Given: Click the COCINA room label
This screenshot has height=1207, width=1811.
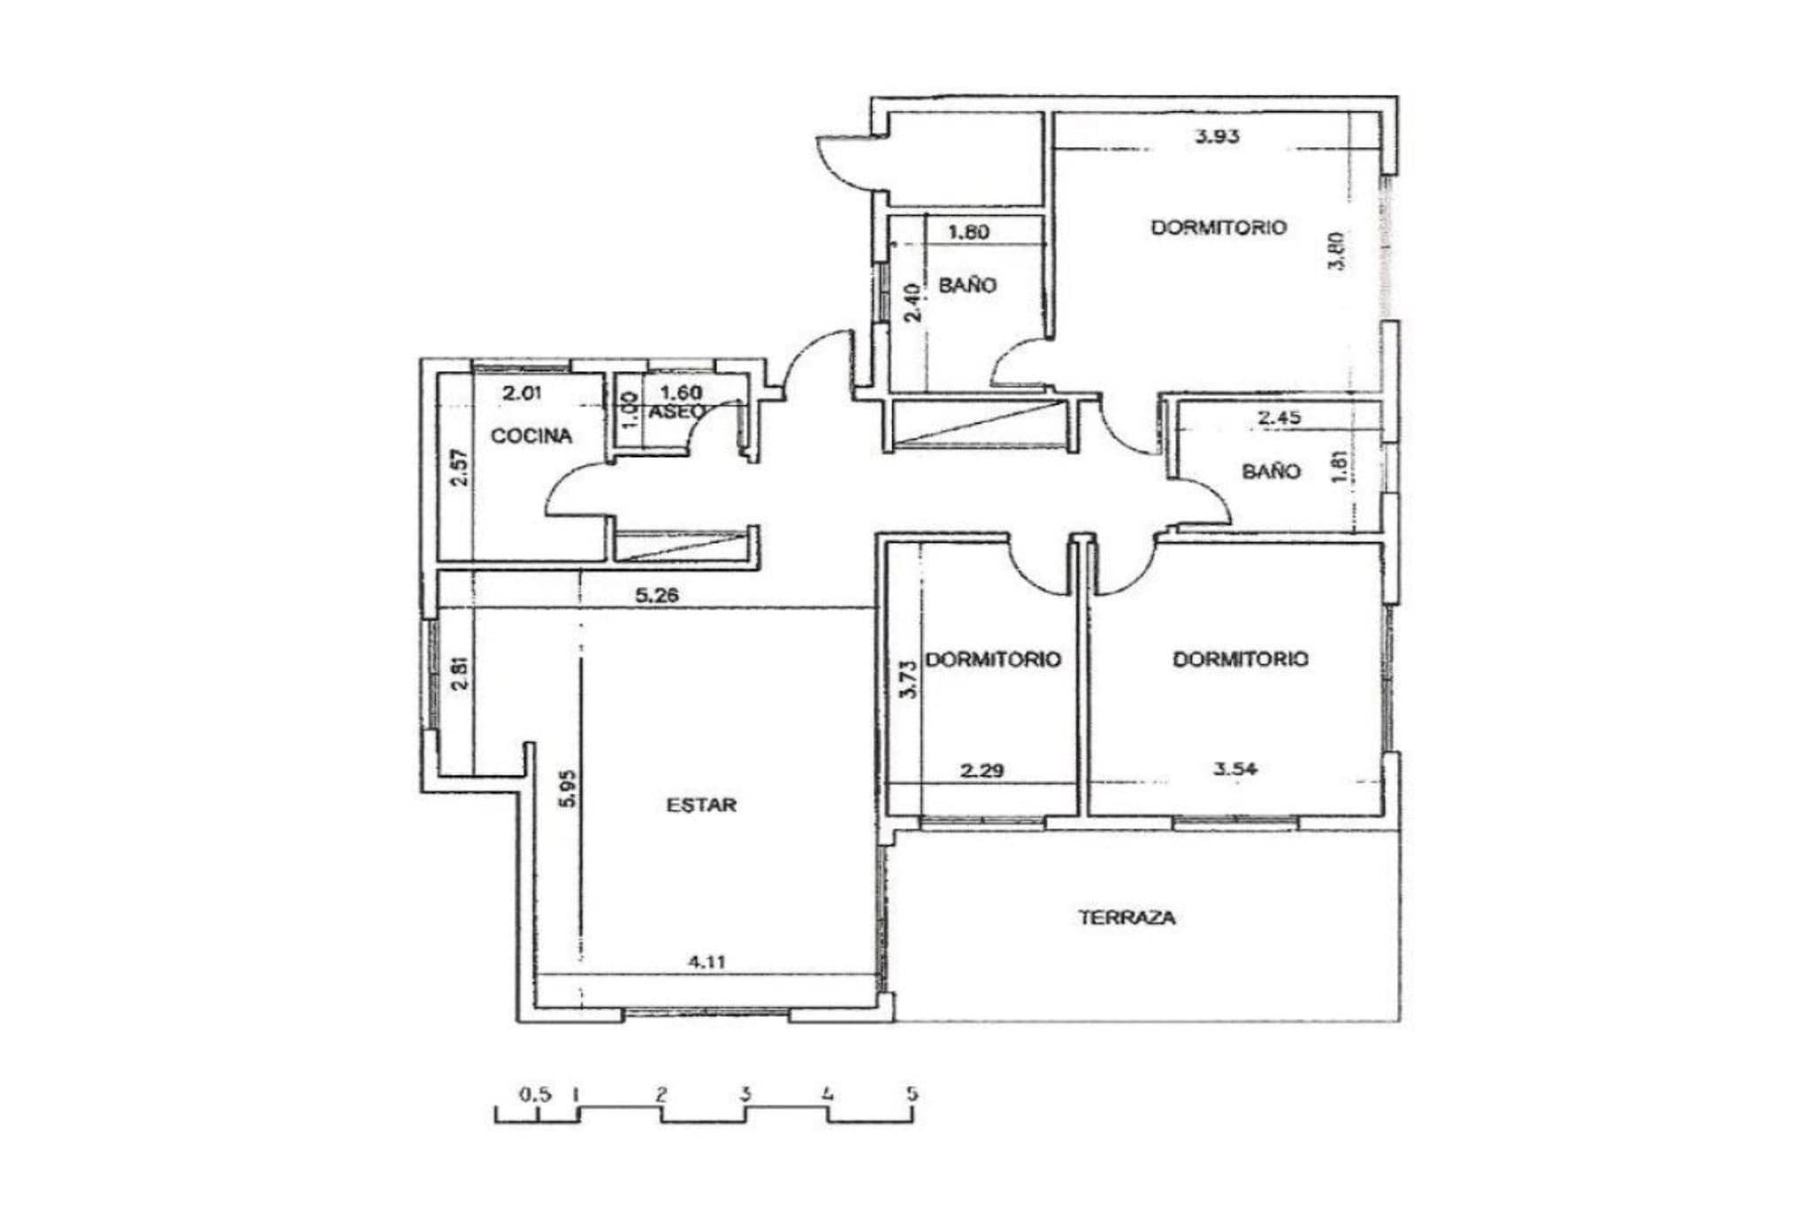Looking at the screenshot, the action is (x=531, y=436).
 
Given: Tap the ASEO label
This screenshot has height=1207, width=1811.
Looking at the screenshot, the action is (x=677, y=412).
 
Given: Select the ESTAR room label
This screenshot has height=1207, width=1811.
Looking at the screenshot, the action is (x=701, y=806).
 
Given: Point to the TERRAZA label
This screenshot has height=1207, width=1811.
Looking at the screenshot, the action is (x=1127, y=918).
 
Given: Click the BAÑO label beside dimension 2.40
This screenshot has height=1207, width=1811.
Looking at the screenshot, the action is (x=967, y=286).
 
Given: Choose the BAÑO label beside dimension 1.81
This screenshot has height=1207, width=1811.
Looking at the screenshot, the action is (x=1272, y=471).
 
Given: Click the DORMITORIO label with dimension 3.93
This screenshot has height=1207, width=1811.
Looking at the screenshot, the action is (x=1219, y=227).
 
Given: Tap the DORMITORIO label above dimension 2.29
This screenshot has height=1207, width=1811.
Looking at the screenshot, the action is (x=993, y=660).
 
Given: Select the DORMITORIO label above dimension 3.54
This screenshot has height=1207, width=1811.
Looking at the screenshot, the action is (x=1241, y=659).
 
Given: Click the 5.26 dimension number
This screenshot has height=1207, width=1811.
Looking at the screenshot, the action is (x=657, y=596).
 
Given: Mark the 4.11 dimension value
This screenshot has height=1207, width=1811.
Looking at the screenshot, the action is (x=707, y=962).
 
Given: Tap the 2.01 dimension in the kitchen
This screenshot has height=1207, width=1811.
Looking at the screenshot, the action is (x=521, y=393).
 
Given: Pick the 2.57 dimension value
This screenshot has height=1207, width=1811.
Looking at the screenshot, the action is (x=458, y=468).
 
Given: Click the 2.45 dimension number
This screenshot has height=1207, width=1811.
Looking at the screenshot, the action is (x=1280, y=418).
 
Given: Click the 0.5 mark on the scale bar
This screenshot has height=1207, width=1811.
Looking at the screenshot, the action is (x=535, y=1095).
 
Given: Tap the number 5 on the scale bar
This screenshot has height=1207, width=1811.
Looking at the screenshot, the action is (x=913, y=1094).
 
